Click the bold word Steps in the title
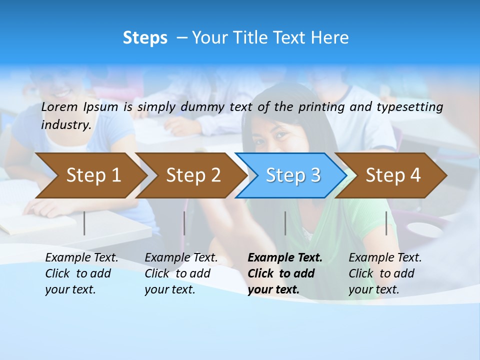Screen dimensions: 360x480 [x=145, y=38]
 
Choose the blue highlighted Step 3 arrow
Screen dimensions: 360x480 [x=293, y=175]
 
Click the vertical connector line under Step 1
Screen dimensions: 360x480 [x=84, y=223]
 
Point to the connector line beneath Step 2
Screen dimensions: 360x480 [x=184, y=223]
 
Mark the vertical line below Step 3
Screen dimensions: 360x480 [x=285, y=223]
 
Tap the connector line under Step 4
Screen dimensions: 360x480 [x=386, y=223]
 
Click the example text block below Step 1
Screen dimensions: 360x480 [x=81, y=273]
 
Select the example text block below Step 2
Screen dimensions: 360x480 [x=181, y=273]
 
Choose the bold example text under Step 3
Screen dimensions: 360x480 [x=285, y=273]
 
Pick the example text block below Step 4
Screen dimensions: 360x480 [x=385, y=273]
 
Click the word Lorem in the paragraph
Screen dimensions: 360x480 [x=59, y=106]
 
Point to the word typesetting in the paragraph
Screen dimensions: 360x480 [x=412, y=106]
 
